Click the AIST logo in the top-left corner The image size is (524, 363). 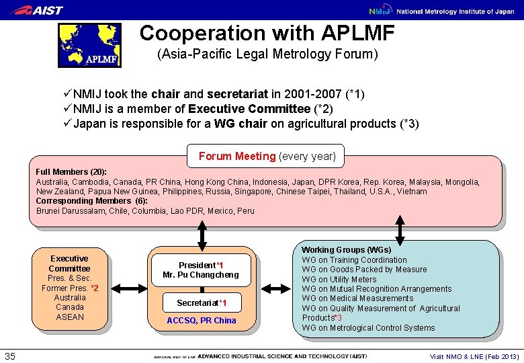39,10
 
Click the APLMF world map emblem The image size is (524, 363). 89,46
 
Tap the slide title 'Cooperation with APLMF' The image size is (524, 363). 267,33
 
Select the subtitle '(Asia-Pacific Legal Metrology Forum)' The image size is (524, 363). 267,54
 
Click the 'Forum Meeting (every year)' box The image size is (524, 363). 266,156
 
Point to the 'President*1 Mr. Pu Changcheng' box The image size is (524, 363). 200,270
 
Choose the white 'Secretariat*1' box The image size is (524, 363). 201,302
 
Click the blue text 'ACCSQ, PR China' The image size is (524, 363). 201,321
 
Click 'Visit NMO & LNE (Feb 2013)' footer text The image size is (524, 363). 474,356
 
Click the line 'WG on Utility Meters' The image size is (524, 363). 339,279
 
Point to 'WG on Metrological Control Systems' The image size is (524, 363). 368,328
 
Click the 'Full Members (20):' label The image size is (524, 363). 71,172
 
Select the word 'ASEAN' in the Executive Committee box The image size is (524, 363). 70,317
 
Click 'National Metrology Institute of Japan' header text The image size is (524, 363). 455,11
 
